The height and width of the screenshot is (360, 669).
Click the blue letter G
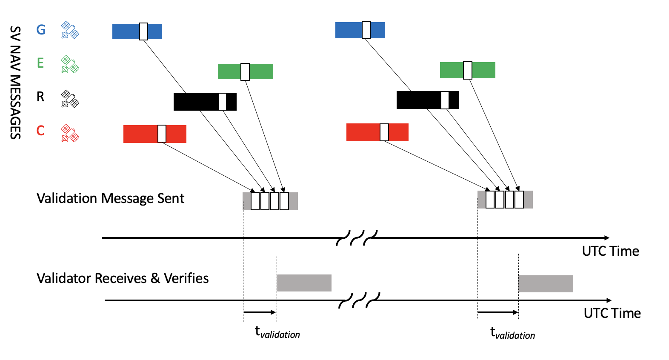click(41, 30)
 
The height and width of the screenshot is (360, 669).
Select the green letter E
click(40, 63)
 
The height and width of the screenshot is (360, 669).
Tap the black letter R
click(40, 97)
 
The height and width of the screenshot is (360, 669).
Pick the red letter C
click(40, 130)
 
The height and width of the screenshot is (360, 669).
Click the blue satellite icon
click(70, 30)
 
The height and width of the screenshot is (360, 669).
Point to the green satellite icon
click(70, 64)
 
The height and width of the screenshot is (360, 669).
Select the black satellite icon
click(70, 99)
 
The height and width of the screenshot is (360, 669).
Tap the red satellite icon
click(70, 133)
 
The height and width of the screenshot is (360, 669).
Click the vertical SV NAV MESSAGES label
click(15, 83)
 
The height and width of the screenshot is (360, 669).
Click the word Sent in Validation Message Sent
click(171, 198)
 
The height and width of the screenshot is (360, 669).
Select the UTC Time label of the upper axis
click(610, 251)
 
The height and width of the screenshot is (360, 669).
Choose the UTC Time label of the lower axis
click(612, 313)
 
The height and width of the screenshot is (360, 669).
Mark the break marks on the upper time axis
click(357, 238)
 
